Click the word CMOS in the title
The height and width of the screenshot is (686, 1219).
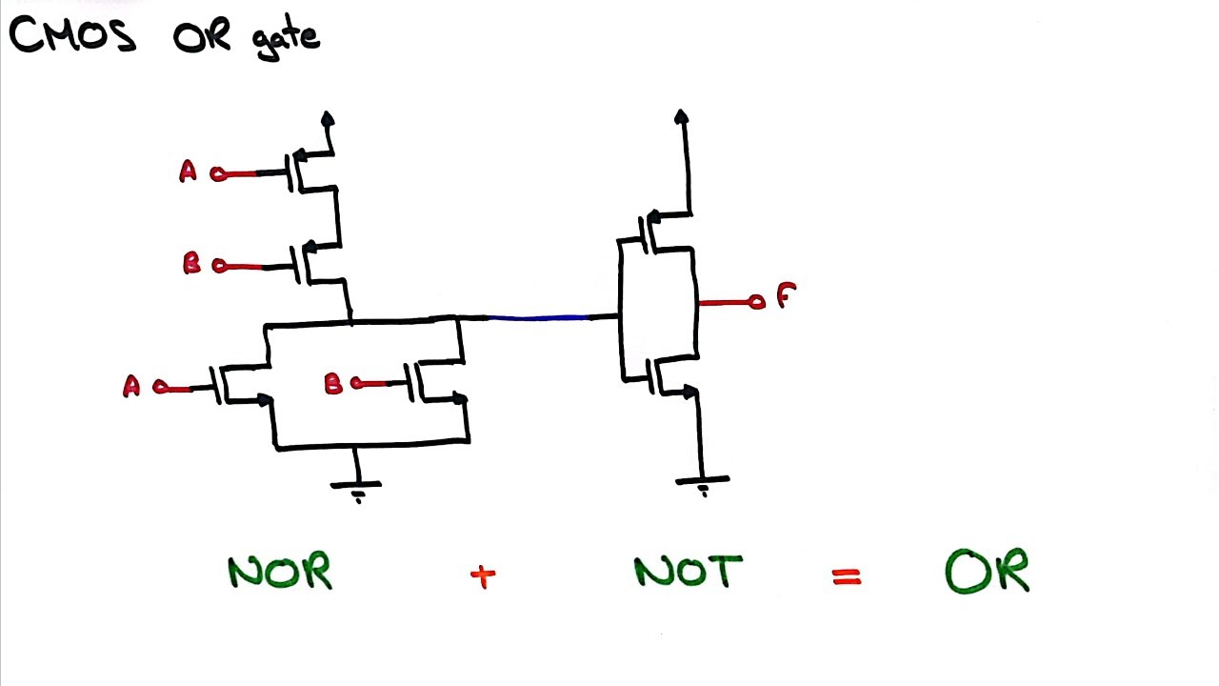click(72, 35)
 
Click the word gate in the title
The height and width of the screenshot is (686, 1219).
click(287, 39)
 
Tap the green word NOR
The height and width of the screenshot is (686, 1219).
click(280, 573)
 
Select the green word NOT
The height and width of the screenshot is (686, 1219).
click(688, 572)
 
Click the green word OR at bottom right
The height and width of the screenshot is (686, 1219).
click(987, 572)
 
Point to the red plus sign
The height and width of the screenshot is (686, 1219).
click(483, 575)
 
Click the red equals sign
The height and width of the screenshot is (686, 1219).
click(846, 575)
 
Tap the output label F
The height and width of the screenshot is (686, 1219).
click(785, 296)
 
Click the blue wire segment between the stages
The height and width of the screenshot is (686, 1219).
click(538, 317)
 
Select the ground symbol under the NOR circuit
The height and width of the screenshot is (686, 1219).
click(356, 487)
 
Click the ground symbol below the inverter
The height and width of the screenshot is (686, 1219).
click(703, 483)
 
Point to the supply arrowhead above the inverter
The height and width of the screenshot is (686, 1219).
click(681, 116)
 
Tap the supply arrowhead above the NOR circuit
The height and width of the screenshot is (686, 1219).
click(328, 119)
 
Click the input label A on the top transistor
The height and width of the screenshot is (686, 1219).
click(188, 172)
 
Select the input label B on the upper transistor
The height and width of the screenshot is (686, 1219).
click(191, 264)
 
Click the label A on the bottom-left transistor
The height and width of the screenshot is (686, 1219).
click(131, 386)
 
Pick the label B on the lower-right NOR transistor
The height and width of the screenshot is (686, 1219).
click(332, 384)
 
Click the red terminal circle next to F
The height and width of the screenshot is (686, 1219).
click(756, 303)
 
